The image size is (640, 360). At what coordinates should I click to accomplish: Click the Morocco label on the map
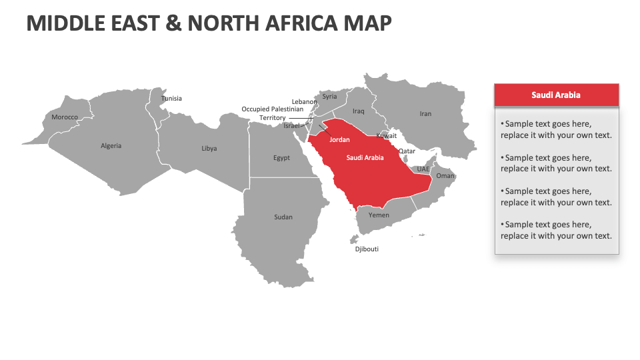pos(65,117)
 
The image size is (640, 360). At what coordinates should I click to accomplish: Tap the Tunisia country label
pos(171,99)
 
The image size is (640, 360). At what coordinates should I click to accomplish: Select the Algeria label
pos(111,146)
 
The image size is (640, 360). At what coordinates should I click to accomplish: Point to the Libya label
pos(209,149)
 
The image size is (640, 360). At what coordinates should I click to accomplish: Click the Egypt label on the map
pos(281,158)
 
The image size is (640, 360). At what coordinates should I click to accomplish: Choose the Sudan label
pos(283,217)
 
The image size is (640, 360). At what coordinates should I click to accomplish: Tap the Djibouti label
pos(367,249)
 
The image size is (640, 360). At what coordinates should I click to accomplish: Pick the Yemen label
pos(379,215)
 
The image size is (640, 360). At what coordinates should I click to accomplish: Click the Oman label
pos(445,176)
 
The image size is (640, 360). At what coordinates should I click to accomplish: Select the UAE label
pos(423,169)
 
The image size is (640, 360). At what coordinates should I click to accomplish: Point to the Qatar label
pos(407,151)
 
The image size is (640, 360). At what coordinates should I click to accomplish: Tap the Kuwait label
pos(387,136)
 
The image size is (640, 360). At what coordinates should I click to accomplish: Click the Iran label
pos(425,114)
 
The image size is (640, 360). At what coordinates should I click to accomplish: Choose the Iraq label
pos(359,111)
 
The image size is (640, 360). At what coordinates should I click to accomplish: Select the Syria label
pos(330,97)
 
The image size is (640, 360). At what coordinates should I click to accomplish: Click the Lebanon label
pos(305,102)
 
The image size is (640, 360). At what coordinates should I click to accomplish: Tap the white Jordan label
pos(339,140)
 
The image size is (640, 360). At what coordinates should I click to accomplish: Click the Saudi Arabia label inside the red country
pos(365,158)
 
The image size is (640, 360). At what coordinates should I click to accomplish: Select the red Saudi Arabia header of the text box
pos(556,95)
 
